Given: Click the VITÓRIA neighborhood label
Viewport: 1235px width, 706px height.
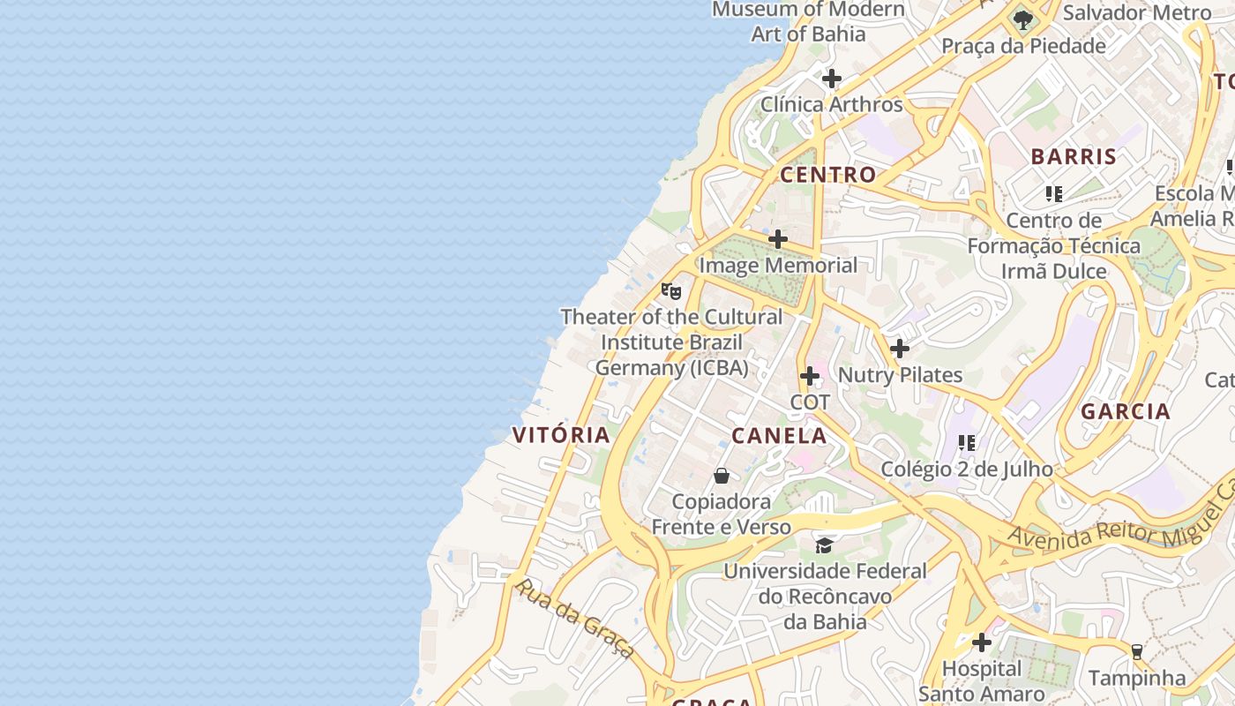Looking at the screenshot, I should (x=561, y=434).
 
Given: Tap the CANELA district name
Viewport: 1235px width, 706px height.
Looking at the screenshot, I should (x=779, y=435).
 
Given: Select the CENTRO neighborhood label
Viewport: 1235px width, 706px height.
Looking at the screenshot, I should (x=827, y=175).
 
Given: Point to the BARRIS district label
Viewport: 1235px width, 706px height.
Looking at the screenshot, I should (x=1074, y=157).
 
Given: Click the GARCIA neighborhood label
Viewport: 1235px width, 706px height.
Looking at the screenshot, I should (x=1125, y=411).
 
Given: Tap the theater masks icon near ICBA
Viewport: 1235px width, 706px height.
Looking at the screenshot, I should (x=671, y=290).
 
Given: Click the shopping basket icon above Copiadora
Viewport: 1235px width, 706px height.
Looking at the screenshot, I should (x=722, y=477).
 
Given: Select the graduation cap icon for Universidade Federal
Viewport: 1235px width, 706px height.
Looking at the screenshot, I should (x=824, y=545).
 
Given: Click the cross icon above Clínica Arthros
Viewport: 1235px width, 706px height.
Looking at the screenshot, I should (x=831, y=79).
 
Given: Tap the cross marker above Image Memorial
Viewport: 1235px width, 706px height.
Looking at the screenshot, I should (x=777, y=239).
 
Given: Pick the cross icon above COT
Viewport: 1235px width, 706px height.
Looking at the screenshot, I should (x=809, y=377).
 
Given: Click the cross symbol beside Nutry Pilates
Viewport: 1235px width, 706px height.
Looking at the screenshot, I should (x=899, y=349).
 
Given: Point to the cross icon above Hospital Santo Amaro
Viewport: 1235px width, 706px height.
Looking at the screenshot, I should (x=981, y=642).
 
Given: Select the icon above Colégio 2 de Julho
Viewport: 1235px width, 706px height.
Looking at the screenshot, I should (x=966, y=443).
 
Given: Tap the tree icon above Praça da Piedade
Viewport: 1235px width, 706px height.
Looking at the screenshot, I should (x=1023, y=19).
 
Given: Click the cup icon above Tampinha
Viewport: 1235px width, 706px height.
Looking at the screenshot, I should (x=1136, y=652).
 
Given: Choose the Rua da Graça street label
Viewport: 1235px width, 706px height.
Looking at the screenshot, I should (x=574, y=618).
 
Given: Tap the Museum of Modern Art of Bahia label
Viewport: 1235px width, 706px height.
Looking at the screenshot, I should (x=808, y=22).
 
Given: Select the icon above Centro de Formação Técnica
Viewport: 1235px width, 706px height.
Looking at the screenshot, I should (x=1053, y=193).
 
